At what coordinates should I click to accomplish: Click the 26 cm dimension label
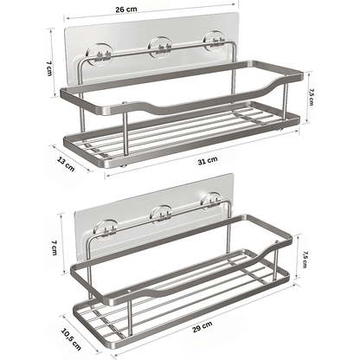click(126, 10)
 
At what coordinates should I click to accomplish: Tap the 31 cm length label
click(208, 161)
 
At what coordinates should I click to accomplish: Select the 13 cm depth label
click(66, 164)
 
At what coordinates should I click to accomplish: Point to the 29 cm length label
click(202, 327)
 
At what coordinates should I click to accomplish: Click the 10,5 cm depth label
click(71, 339)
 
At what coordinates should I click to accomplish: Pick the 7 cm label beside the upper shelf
click(48, 68)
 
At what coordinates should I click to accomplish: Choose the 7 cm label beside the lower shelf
click(55, 247)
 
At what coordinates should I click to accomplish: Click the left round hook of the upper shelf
click(99, 54)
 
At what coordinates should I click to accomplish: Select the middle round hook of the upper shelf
click(160, 47)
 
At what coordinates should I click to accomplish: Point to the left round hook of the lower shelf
click(106, 230)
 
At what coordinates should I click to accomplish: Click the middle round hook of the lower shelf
click(161, 215)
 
